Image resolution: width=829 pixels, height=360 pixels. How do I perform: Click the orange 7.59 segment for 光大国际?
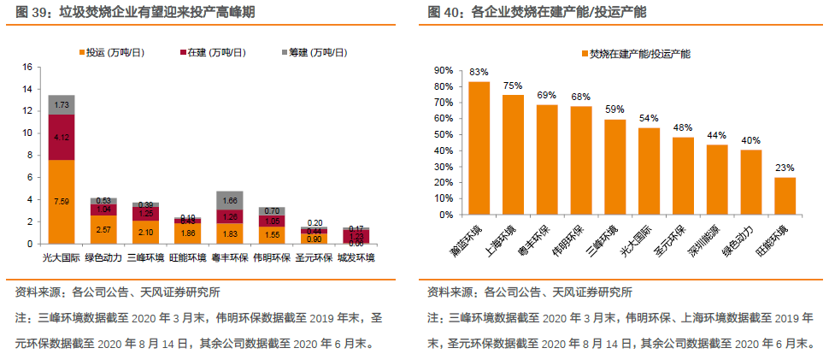[61, 202]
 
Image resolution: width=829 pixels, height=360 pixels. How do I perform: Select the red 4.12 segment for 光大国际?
[61, 137]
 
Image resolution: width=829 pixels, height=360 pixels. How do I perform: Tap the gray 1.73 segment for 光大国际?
[61, 104]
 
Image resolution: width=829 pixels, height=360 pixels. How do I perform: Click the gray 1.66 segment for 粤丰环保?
[230, 200]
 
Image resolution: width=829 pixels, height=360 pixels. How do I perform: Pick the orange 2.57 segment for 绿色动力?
[103, 229]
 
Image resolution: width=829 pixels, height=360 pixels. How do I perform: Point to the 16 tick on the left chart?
[26, 67]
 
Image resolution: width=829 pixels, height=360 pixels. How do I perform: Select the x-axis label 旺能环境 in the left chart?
[187, 257]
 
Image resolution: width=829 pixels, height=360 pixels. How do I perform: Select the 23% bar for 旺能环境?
[785, 196]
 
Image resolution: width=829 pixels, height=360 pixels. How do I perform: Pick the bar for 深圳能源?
[716, 180]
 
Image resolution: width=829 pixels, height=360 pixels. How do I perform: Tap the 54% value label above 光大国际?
[649, 118]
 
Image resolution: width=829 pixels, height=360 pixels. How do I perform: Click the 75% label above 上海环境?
[513, 85]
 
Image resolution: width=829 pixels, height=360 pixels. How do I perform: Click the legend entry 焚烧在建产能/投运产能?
[639, 54]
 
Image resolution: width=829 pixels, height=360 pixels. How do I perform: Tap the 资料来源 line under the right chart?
[530, 292]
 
